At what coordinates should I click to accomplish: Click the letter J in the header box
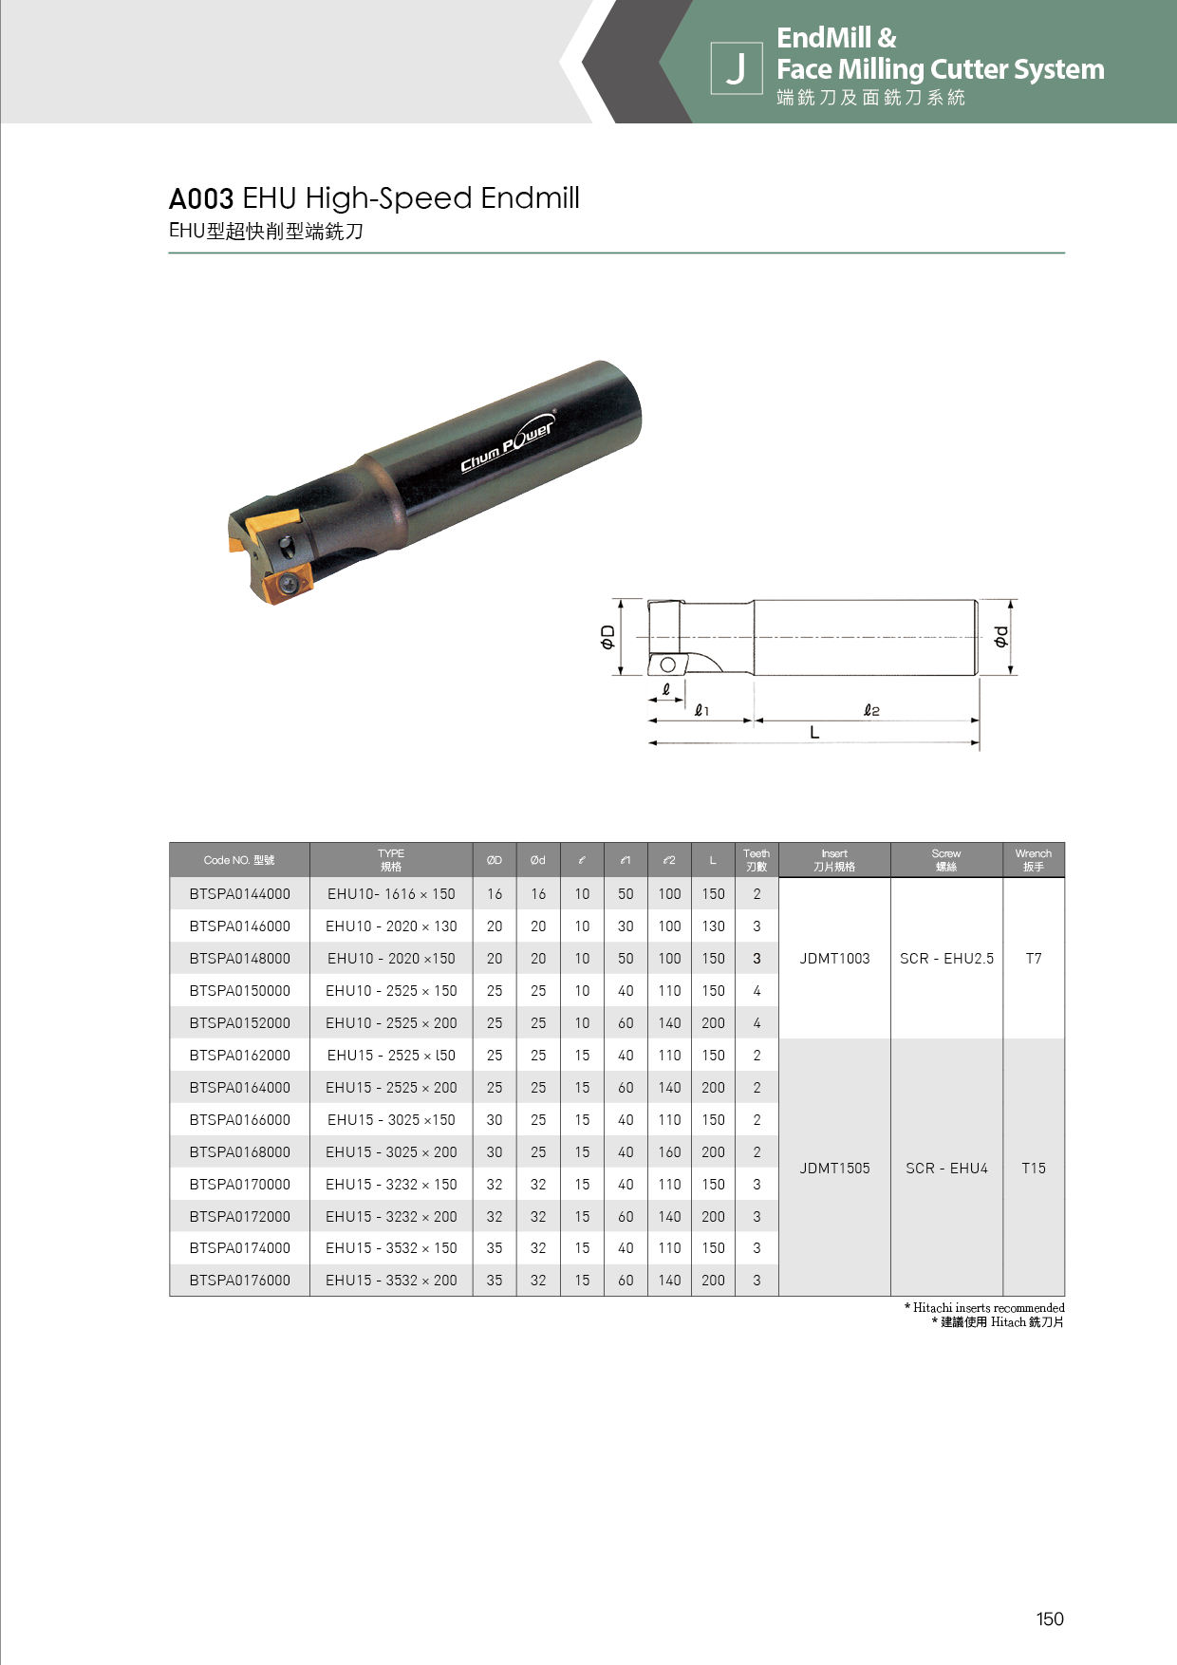tap(736, 68)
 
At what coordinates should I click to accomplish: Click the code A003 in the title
tap(201, 199)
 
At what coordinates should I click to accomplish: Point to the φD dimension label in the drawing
tap(607, 638)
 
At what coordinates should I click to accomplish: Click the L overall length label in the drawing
tap(814, 733)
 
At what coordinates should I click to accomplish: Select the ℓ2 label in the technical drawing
tap(871, 710)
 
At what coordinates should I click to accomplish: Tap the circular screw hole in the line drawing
tap(668, 664)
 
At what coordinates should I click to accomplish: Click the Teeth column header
tap(757, 860)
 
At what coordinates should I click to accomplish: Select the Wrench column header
tap(1034, 860)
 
